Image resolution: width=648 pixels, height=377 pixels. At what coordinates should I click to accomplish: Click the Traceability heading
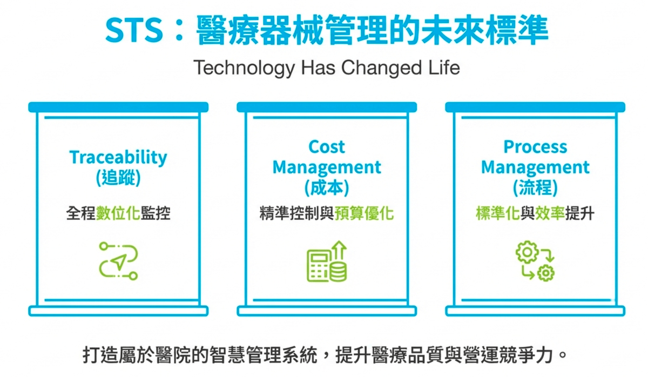tap(118, 158)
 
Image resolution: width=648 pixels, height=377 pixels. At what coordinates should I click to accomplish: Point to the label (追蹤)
tap(118, 178)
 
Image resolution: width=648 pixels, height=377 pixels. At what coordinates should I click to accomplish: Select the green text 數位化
tap(118, 214)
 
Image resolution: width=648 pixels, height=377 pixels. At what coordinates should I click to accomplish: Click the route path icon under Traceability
tap(118, 261)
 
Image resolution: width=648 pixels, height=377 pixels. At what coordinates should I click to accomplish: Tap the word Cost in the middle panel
tap(326, 147)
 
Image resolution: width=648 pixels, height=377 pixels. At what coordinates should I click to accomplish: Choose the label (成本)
tap(326, 187)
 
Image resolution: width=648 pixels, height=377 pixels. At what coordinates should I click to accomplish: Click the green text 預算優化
tap(364, 214)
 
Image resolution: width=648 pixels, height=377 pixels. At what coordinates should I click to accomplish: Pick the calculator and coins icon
tap(326, 262)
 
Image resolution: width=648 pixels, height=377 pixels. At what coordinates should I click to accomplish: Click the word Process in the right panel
tap(535, 147)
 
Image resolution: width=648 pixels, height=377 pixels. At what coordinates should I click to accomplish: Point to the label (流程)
tap(535, 187)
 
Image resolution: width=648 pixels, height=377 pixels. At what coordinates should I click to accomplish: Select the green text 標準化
tap(497, 214)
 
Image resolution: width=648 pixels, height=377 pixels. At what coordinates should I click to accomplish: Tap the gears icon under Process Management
tap(535, 262)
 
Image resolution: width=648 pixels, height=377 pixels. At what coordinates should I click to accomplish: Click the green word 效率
tap(550, 214)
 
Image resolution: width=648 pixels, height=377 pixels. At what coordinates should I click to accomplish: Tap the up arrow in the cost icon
tap(340, 251)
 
